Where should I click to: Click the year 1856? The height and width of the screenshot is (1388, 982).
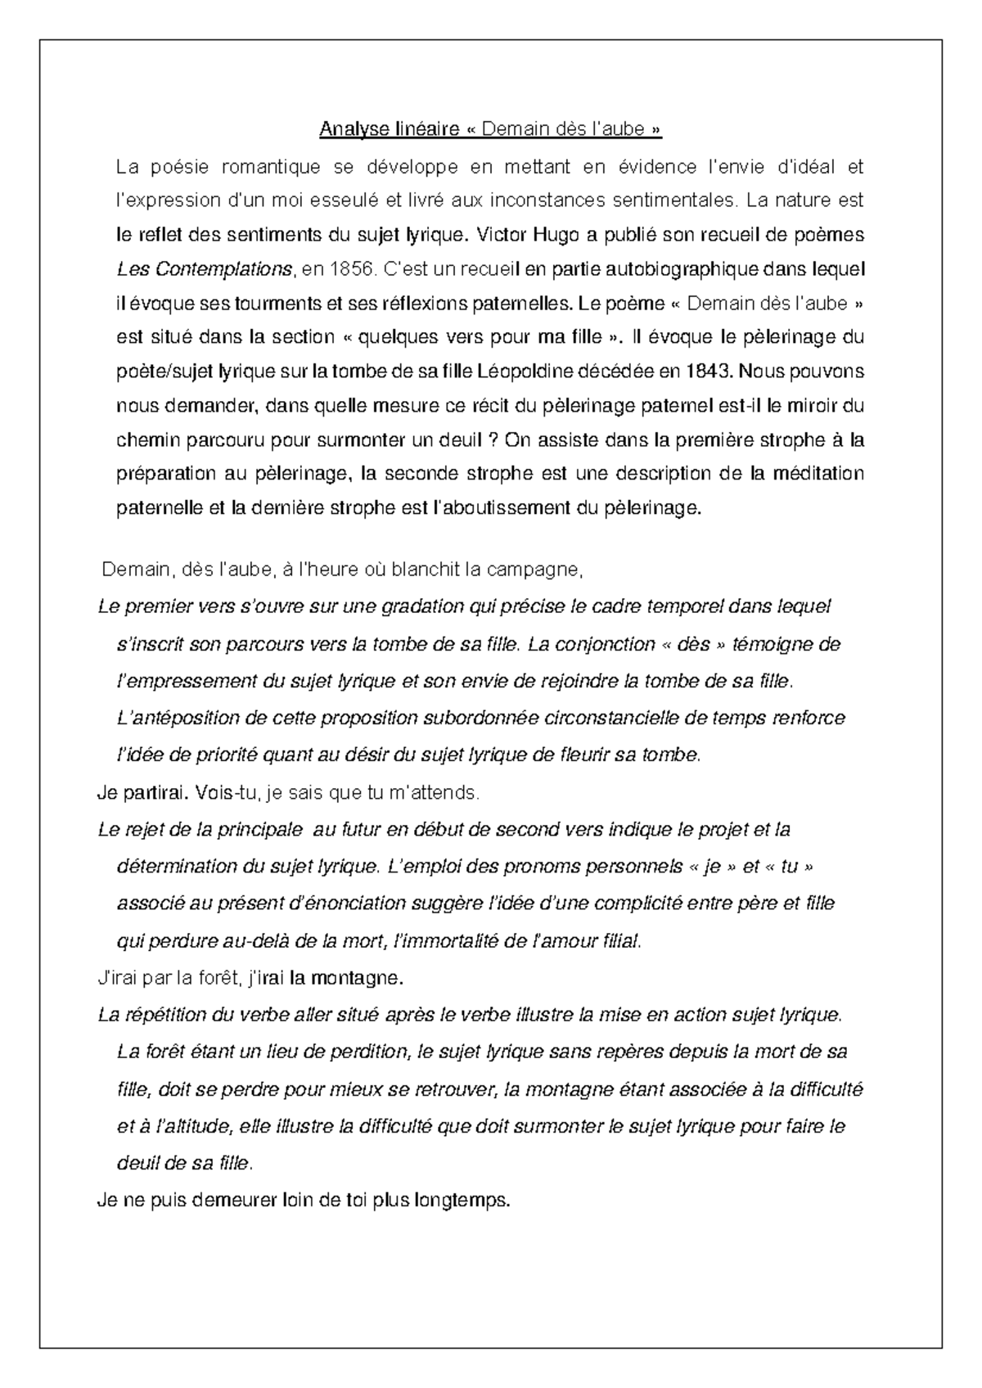click(343, 269)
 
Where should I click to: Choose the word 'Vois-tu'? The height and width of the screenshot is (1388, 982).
click(223, 792)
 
